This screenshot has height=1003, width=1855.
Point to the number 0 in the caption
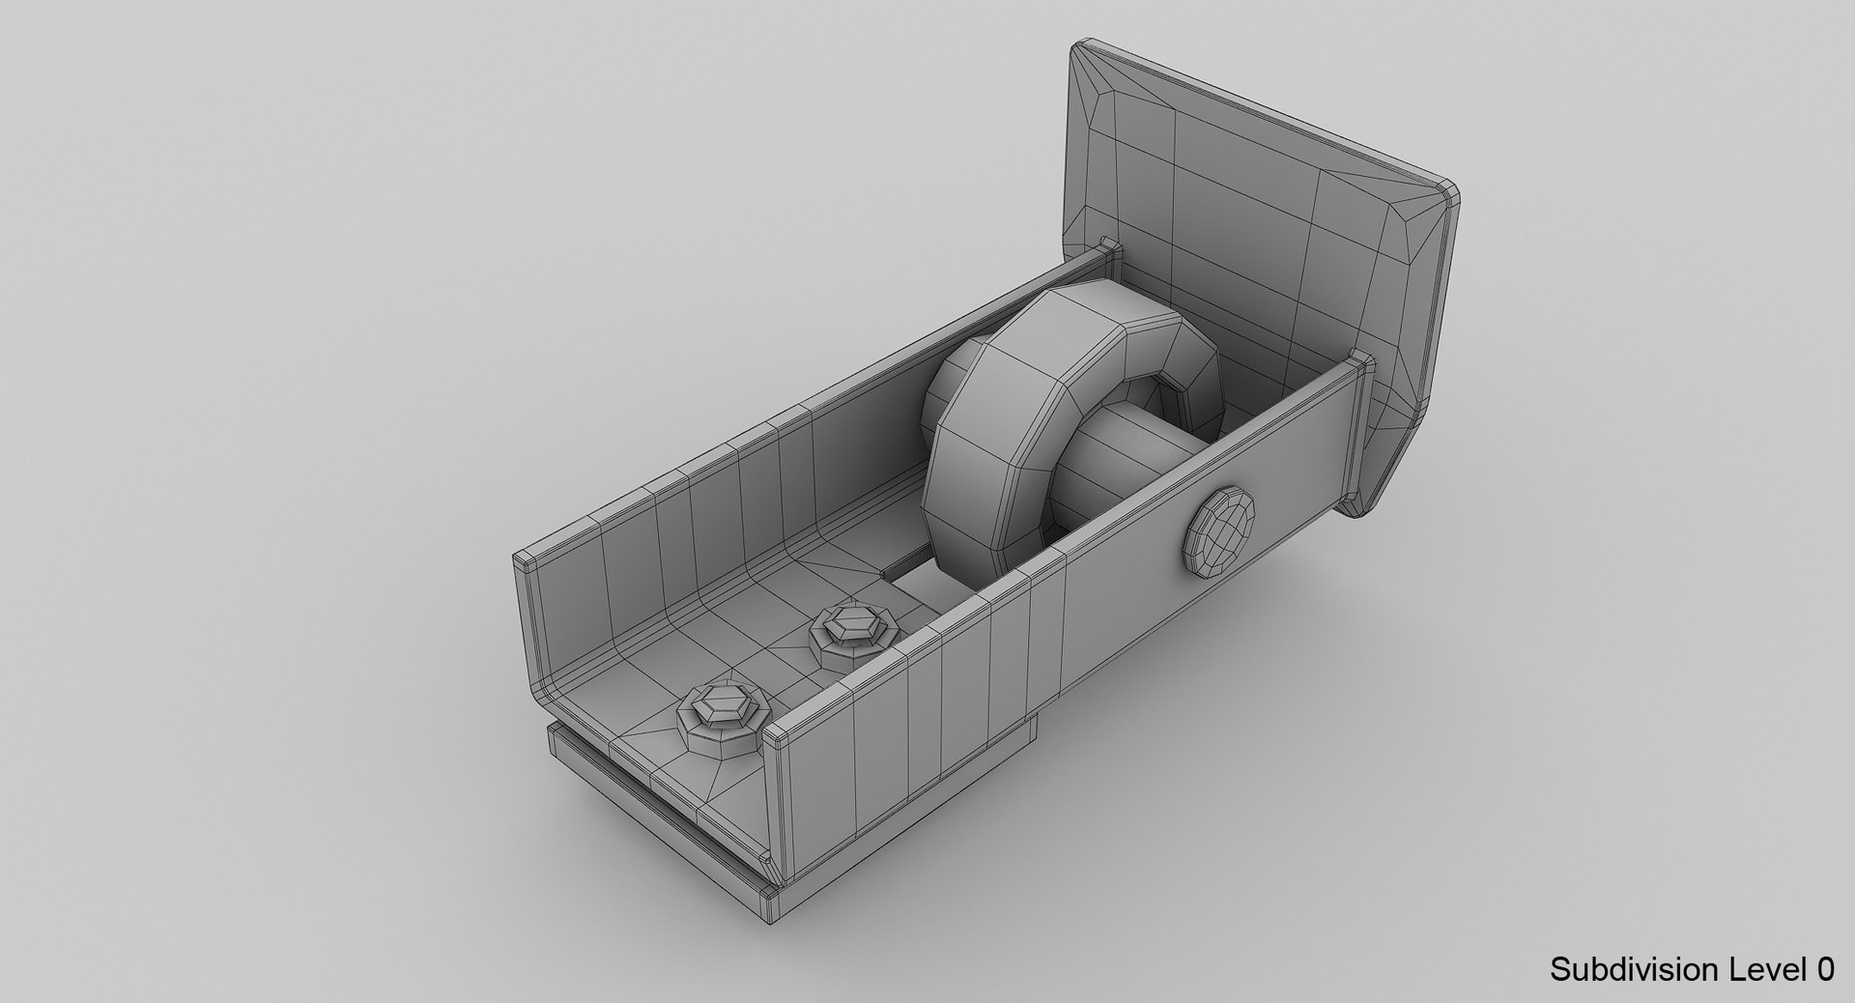tap(1823, 969)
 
